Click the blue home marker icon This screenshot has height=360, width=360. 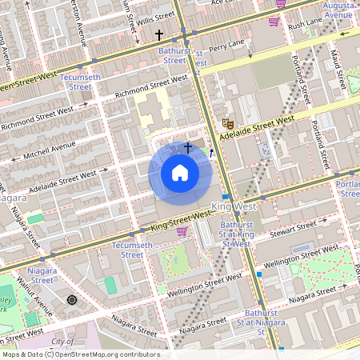[180, 173]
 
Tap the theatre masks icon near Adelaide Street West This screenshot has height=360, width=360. [227, 123]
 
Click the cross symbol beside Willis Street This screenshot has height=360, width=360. [159, 34]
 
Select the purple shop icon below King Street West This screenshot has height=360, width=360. [182, 231]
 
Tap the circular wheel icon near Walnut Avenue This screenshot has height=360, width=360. [72, 299]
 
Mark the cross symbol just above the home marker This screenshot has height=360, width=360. [189, 148]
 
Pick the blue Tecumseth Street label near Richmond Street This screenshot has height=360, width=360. [80, 82]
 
